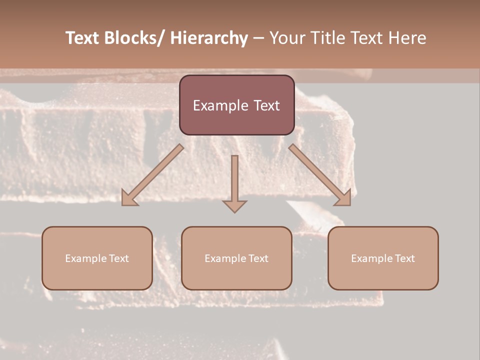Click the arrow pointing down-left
(x=152, y=175)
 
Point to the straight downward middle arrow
(x=234, y=180)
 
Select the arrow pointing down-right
(x=320, y=175)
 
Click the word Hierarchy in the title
(x=209, y=38)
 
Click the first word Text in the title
(x=82, y=38)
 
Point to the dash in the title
(x=258, y=38)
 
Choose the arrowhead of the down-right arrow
(x=344, y=198)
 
